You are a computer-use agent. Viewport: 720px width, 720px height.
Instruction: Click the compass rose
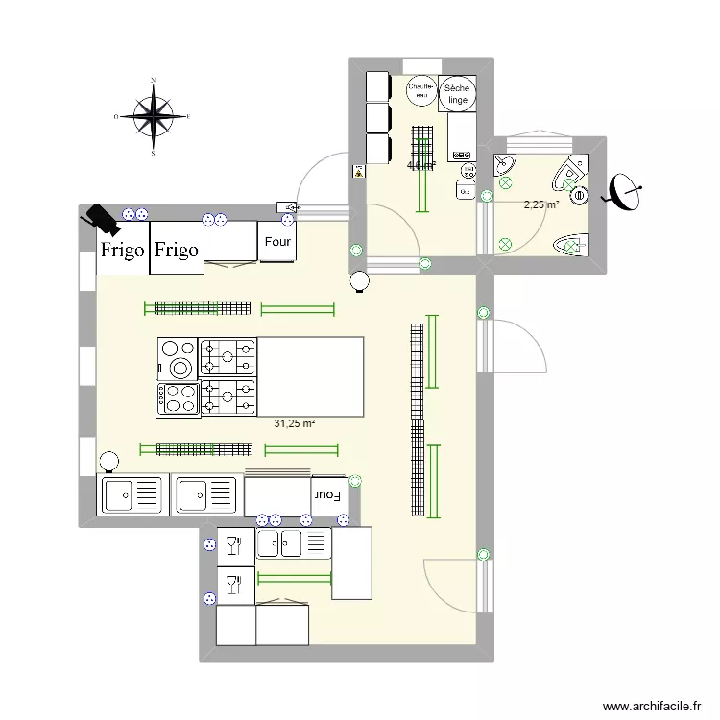click(152, 115)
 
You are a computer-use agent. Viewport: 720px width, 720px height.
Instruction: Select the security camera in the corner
click(100, 220)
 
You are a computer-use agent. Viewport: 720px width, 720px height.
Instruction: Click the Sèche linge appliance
click(457, 93)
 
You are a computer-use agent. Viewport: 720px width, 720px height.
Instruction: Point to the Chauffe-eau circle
click(420, 91)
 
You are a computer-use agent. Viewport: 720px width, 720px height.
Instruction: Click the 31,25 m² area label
click(295, 423)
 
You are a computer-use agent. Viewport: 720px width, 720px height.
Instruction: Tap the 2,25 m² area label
click(540, 204)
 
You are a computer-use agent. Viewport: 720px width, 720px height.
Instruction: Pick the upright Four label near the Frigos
click(277, 242)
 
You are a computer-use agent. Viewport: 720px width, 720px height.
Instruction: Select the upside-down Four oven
click(327, 495)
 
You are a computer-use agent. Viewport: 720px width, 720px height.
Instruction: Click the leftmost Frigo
click(123, 251)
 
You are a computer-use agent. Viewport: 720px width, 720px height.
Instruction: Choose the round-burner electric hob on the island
click(178, 357)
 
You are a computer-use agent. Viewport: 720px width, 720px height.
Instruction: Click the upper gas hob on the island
click(228, 356)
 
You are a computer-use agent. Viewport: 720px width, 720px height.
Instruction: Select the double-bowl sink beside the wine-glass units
click(293, 544)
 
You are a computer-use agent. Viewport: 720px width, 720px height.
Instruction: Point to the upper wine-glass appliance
click(230, 545)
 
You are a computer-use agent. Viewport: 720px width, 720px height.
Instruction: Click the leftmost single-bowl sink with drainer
click(132, 494)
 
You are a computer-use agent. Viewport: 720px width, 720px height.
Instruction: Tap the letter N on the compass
click(152, 83)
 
